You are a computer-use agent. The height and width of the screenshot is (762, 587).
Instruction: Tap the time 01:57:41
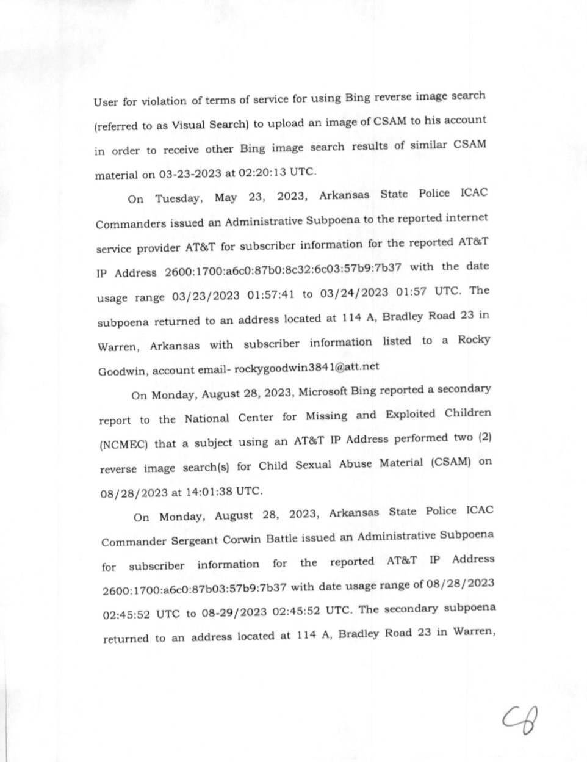coord(271,296)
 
